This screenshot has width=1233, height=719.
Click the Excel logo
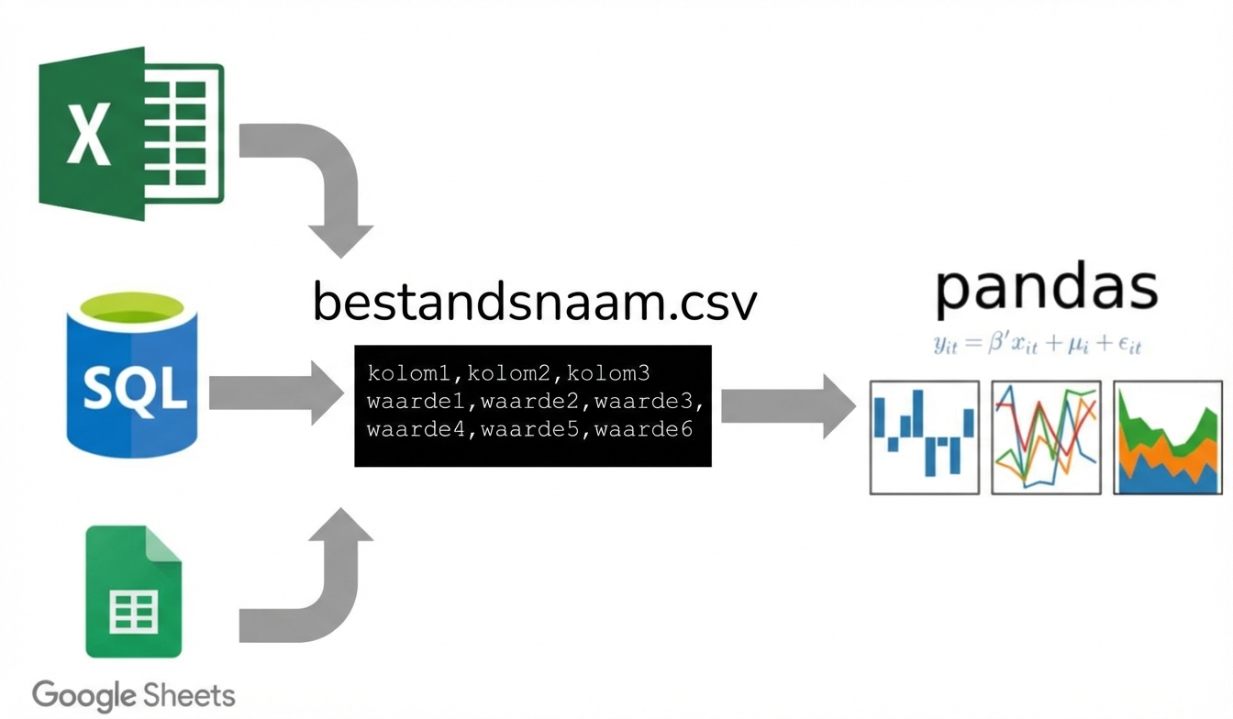131,132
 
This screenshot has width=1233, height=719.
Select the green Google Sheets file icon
134,592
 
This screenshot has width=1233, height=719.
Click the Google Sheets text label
134,694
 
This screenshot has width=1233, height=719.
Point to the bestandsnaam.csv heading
535,302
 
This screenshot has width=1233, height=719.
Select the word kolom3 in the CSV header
609,373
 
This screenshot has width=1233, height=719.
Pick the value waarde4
417,428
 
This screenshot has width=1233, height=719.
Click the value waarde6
644,428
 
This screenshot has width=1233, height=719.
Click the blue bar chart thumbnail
925,437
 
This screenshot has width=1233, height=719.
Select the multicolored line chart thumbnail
1047,437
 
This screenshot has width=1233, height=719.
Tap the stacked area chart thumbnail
1168,437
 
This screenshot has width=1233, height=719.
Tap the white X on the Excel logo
89,134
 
